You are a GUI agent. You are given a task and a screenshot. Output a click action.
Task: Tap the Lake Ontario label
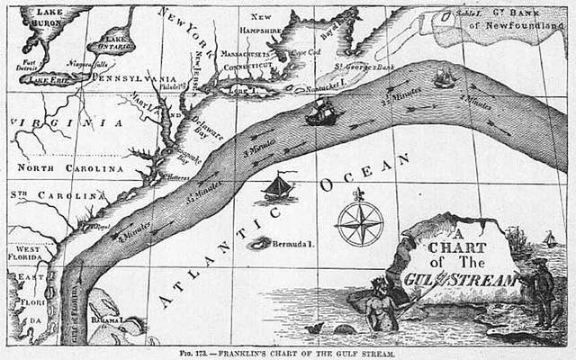point(116,41)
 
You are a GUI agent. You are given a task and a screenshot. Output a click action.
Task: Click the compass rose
point(359,223)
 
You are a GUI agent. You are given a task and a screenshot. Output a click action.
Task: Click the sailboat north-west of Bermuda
point(279,187)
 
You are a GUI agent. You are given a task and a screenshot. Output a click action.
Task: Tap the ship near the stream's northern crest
point(444,77)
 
